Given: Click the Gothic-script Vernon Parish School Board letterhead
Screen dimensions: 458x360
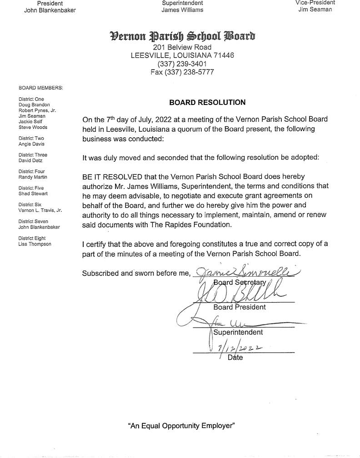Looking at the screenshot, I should click(x=182, y=36).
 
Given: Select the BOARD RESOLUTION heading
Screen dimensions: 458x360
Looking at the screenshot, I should click(x=207, y=103).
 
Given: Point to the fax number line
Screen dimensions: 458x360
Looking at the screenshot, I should click(x=182, y=72).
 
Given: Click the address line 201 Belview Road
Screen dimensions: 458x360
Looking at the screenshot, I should click(x=182, y=47).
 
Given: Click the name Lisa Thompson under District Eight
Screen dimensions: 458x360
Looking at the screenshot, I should click(x=35, y=244).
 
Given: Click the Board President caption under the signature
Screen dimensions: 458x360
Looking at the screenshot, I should click(x=240, y=307).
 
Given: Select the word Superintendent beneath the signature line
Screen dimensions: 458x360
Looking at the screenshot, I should click(x=238, y=332).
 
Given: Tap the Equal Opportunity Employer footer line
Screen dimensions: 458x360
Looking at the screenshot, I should click(x=182, y=426).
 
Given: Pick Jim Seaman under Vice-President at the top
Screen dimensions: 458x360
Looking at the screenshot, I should click(x=315, y=10).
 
